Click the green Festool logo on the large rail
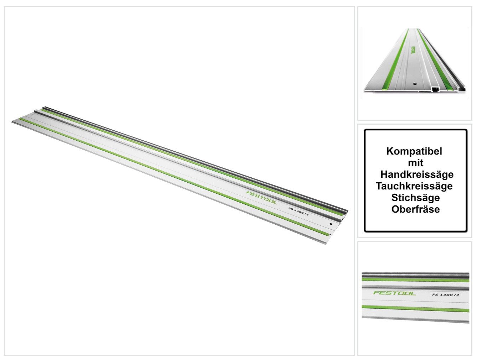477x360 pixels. [x=261, y=198]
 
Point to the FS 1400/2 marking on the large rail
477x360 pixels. [x=299, y=211]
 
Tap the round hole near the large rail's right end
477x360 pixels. [x=331, y=224]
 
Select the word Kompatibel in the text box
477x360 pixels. [x=414, y=151]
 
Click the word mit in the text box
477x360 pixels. [x=415, y=163]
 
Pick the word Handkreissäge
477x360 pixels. [x=417, y=174]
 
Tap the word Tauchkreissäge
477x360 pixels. [x=414, y=186]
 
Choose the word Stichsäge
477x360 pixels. [x=415, y=198]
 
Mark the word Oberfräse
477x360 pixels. [x=415, y=209]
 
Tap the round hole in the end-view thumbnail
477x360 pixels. [x=414, y=83]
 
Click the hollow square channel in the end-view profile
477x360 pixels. [x=435, y=90]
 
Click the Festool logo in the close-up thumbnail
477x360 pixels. [x=395, y=293]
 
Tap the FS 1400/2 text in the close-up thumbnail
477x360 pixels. [x=446, y=294]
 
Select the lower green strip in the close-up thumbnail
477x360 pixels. [x=415, y=308]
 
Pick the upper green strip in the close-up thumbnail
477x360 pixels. [x=415, y=280]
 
